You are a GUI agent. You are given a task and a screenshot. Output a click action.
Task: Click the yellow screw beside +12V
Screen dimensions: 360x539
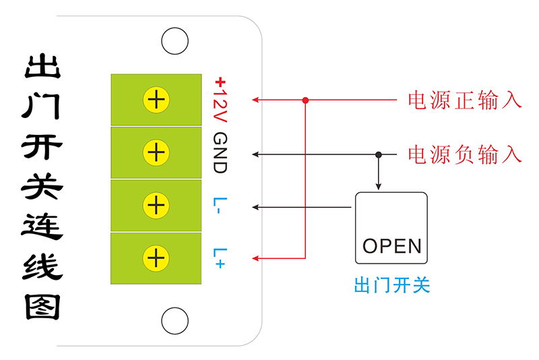156,100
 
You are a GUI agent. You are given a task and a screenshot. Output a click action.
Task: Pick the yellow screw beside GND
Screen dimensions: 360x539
156,152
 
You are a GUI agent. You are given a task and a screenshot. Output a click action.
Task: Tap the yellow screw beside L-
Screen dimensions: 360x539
156,205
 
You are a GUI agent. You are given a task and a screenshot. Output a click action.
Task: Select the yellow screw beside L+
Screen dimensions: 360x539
156,258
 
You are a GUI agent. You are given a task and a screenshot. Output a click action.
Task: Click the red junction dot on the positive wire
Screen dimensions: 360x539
305,100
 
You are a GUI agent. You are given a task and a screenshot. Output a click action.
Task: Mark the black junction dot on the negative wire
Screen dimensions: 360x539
379,154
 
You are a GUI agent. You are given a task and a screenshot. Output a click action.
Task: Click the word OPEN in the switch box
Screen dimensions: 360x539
391,245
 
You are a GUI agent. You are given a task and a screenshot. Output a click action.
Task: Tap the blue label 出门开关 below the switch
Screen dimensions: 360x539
391,286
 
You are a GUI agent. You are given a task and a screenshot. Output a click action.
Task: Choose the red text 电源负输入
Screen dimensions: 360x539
465,154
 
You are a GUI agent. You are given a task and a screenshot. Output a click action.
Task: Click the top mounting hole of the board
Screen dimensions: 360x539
175,42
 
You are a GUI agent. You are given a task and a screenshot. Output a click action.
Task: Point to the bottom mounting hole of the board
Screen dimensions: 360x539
175,320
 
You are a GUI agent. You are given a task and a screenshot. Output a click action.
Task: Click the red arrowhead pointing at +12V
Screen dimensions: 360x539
256,100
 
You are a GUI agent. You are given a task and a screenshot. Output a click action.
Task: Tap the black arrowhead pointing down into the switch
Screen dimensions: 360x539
379,187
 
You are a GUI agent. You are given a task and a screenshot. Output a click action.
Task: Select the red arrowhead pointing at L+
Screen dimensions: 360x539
256,258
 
